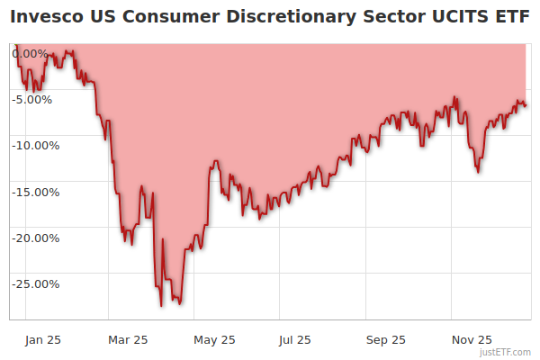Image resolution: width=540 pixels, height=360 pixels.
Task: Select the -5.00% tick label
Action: click(35, 99)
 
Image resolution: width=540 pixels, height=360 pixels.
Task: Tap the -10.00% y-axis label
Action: click(35, 145)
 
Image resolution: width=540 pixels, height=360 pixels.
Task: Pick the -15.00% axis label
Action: click(35, 192)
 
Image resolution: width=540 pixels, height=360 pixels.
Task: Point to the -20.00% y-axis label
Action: click(35, 238)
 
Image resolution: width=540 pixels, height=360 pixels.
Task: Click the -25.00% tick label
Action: click(35, 283)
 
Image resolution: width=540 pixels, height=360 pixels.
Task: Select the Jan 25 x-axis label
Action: click(43, 339)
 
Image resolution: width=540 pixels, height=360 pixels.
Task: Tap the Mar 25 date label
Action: click(127, 339)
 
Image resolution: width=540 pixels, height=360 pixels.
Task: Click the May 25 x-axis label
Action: click(214, 339)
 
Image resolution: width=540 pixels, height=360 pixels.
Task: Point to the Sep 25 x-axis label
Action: click(386, 339)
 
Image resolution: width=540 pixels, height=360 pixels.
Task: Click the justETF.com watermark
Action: click(505, 352)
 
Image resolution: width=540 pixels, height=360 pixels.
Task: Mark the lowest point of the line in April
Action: click(161, 306)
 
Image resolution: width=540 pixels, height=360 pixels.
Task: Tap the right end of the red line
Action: click(526, 106)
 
